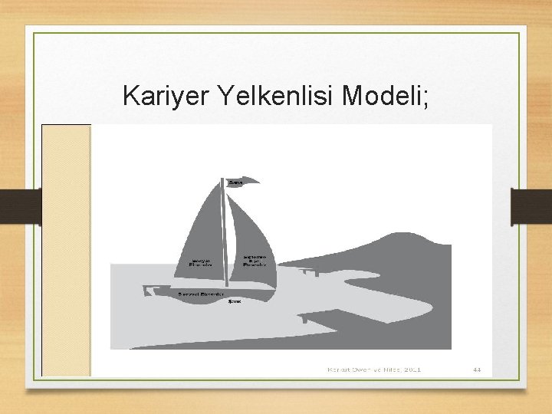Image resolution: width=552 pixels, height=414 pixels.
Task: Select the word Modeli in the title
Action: (x=380, y=97)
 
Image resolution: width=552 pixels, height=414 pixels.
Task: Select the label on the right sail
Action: (x=255, y=261)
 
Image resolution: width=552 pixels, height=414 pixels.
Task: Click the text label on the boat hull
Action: (x=200, y=294)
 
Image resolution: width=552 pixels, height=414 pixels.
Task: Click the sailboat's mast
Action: (x=226, y=238)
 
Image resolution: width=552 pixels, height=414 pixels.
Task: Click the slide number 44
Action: (x=477, y=370)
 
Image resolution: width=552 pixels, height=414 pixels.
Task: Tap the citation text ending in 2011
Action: (x=374, y=370)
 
